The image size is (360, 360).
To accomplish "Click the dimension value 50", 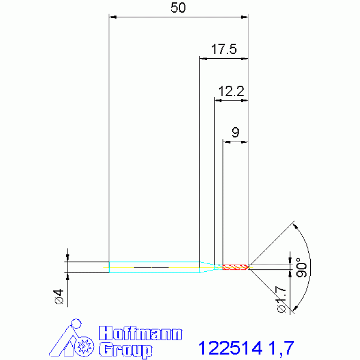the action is pyautogui.click(x=178, y=8).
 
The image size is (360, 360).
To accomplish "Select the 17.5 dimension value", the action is pyautogui.click(x=223, y=49).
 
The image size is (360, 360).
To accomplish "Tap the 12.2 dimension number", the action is pyautogui.click(x=231, y=91).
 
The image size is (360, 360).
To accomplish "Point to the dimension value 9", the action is pyautogui.click(x=235, y=132).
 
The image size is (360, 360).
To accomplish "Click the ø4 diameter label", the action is pyautogui.click(x=59, y=297).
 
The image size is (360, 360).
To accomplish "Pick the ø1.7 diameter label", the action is pyautogui.click(x=282, y=299).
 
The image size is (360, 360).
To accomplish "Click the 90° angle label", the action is pyautogui.click(x=301, y=268).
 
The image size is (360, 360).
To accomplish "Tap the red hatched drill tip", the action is pyautogui.click(x=235, y=267).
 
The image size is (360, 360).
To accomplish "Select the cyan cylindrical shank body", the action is pyautogui.click(x=154, y=267).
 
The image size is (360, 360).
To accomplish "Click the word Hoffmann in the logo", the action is pyautogui.click(x=140, y=333).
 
